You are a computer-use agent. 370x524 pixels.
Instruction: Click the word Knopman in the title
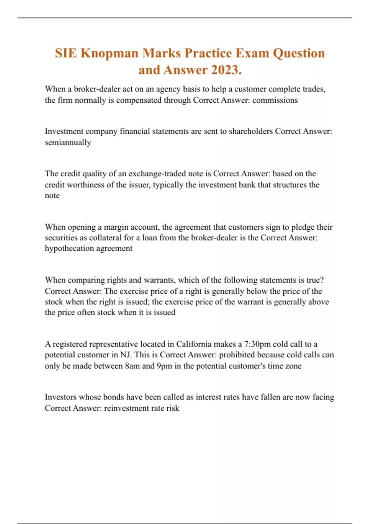tap(109, 53)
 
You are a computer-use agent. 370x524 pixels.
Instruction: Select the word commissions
tap(275, 100)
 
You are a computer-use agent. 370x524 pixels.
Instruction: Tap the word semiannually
tap(68, 142)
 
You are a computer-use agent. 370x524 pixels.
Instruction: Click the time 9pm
tap(164, 366)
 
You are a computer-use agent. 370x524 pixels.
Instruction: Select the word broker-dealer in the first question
tap(97, 89)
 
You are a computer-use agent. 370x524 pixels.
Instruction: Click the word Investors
tap(60, 397)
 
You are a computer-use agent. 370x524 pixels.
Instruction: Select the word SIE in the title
tap(66, 53)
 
